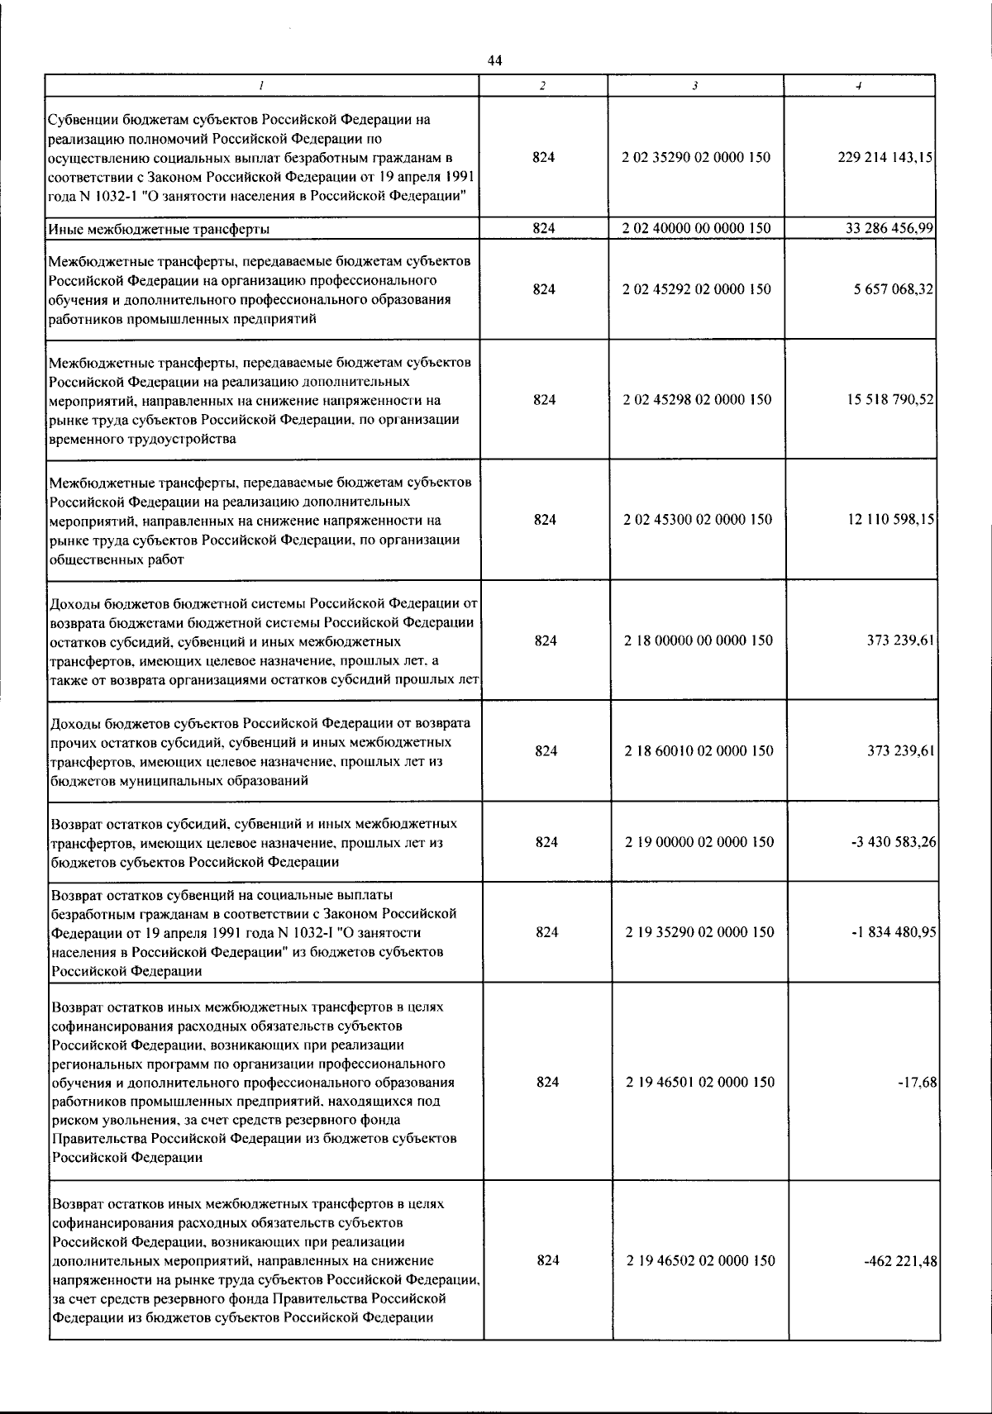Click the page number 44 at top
(494, 60)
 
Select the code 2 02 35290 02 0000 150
(696, 157)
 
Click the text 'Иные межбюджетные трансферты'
(160, 229)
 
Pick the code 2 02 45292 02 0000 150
(696, 289)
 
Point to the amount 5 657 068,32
(894, 289)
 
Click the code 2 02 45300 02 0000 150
(698, 519)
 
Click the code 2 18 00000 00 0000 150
(699, 640)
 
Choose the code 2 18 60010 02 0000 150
(699, 750)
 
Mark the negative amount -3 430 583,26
(893, 841)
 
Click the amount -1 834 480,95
(893, 931)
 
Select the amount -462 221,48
(900, 1260)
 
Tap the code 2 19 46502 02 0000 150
(700, 1260)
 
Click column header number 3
(695, 85)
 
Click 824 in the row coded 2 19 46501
(547, 1082)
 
